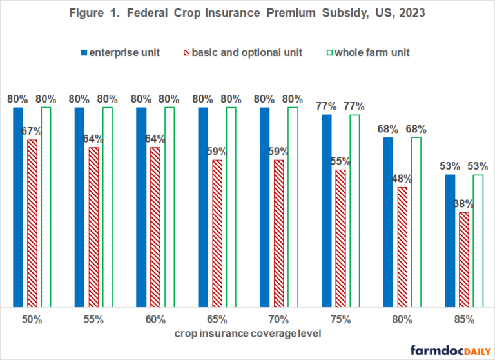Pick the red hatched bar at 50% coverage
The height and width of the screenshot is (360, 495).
(32, 223)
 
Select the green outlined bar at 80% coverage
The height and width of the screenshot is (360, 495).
(416, 222)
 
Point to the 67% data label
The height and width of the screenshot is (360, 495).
(32, 132)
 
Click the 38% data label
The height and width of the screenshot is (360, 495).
(463, 204)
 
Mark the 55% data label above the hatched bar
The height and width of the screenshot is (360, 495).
(340, 161)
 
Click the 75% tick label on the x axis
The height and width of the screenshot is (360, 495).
(340, 319)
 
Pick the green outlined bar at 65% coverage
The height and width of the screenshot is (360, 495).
(231, 207)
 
